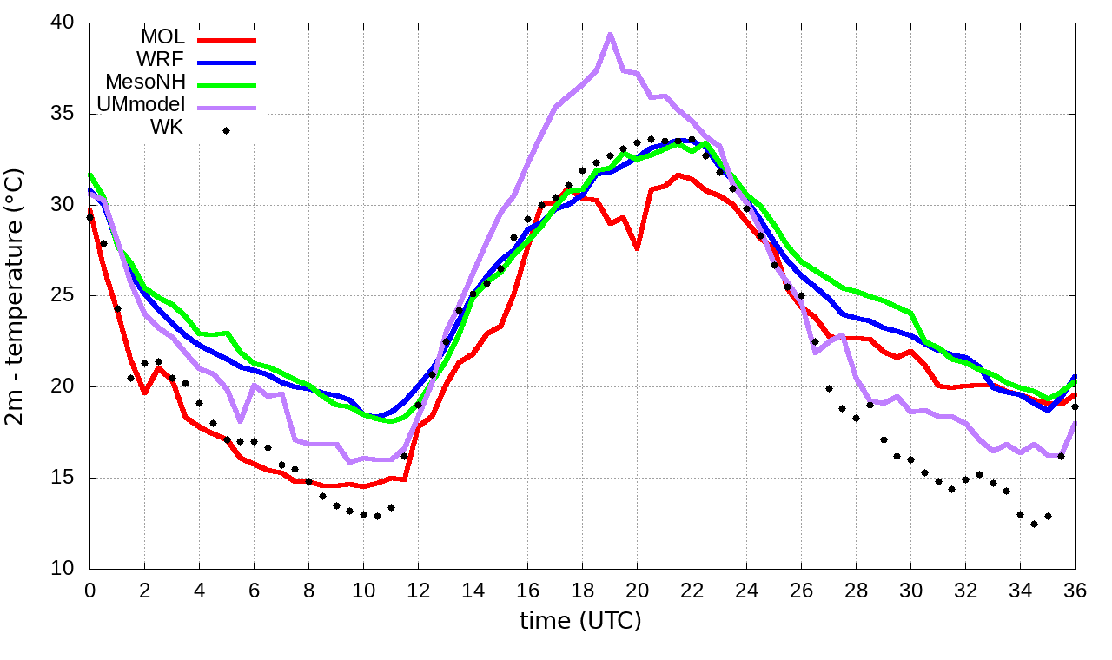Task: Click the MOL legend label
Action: coord(162,37)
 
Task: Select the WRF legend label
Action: coord(161,60)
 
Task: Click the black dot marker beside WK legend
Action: coord(226,130)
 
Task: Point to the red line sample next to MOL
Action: coord(227,39)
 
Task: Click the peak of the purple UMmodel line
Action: coord(610,34)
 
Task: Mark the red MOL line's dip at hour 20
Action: coord(637,248)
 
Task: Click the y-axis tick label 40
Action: coord(63,23)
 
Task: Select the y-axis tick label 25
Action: coord(63,296)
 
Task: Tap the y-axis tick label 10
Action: coord(63,569)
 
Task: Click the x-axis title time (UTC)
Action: coord(581,622)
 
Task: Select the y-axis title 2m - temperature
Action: coord(17,295)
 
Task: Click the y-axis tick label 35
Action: coord(63,115)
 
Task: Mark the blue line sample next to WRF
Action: coord(227,62)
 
